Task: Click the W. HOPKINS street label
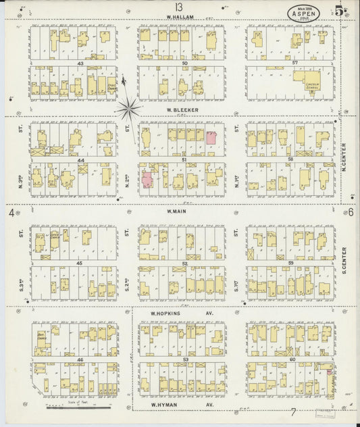(x=173, y=313)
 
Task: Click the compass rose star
(x=128, y=108)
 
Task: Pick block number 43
(x=80, y=63)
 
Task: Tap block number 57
(x=294, y=62)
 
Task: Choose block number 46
(x=80, y=361)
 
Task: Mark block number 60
(x=294, y=360)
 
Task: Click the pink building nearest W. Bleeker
(x=211, y=137)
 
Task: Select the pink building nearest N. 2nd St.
(x=147, y=180)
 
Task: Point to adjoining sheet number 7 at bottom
(x=293, y=412)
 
